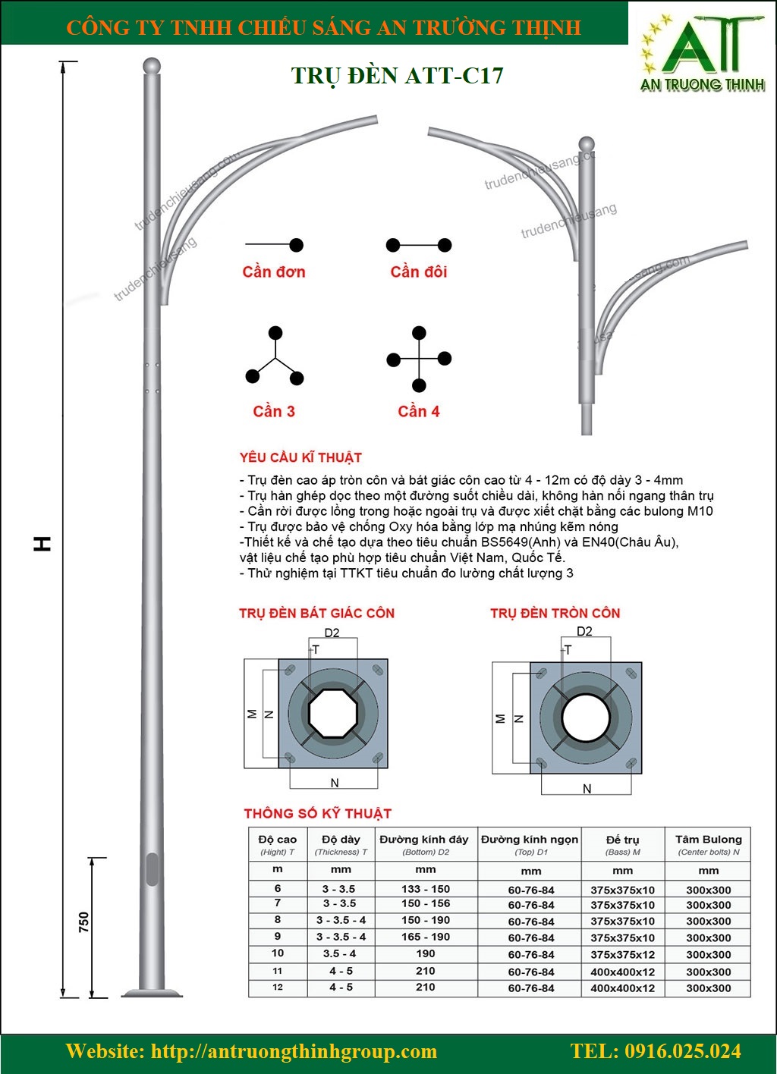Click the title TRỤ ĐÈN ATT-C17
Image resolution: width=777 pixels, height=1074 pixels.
click(x=397, y=76)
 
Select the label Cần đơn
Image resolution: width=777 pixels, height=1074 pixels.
click(x=274, y=272)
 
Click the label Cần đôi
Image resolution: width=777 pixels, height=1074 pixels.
click(x=419, y=272)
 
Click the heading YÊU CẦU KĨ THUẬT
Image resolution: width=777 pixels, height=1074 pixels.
click(x=300, y=457)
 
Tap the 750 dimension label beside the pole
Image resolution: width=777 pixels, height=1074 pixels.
click(x=83, y=922)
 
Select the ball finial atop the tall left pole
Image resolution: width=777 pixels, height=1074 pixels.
click(x=153, y=65)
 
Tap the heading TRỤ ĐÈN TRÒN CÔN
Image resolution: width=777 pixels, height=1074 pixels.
click(x=555, y=613)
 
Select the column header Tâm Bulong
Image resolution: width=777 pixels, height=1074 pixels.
click(x=708, y=840)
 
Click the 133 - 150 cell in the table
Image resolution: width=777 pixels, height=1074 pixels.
click(x=426, y=888)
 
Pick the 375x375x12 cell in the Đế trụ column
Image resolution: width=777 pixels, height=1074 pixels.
click(x=622, y=954)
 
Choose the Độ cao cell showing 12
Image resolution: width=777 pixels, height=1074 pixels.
click(x=278, y=987)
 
